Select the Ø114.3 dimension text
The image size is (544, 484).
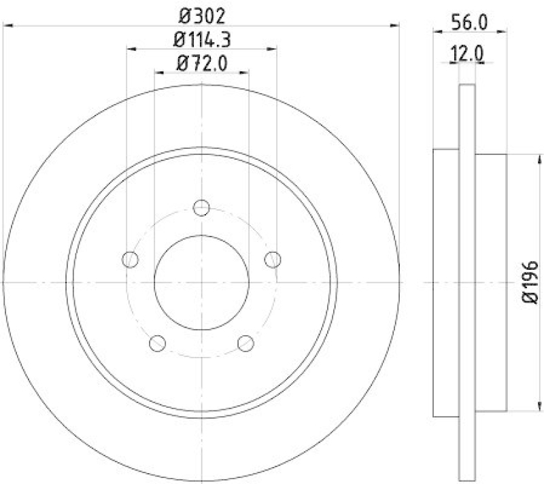[201, 39]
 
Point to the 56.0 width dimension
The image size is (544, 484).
[470, 21]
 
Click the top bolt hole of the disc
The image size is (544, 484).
[201, 208]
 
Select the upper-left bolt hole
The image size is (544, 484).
[131, 259]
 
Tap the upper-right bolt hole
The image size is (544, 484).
[273, 259]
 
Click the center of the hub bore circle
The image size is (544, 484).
[201, 281]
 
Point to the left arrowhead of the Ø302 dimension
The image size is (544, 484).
[8, 26]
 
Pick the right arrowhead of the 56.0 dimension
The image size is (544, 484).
[503, 31]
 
